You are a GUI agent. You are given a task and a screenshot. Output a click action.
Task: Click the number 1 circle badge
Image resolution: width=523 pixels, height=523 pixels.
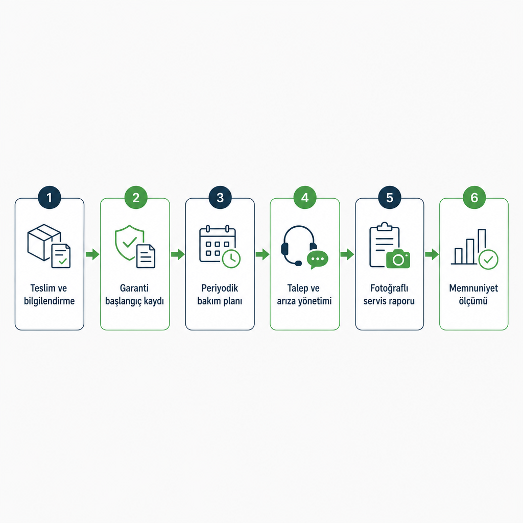(x=50, y=198)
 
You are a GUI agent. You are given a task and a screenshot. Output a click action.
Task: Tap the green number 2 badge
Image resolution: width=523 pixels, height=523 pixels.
(x=136, y=198)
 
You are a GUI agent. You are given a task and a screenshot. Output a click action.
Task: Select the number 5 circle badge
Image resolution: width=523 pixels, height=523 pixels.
(x=390, y=198)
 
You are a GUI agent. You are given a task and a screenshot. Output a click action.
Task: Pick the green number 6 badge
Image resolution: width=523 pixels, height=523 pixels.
(x=474, y=198)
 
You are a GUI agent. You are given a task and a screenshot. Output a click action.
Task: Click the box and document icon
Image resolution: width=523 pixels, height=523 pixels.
(x=49, y=246)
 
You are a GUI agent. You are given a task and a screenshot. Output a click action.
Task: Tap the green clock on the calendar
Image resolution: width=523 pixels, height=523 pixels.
(x=231, y=258)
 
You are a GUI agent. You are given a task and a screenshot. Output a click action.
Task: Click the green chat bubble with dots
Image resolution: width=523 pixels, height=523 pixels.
(x=317, y=259)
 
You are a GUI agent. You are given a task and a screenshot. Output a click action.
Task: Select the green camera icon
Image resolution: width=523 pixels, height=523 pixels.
(x=398, y=259)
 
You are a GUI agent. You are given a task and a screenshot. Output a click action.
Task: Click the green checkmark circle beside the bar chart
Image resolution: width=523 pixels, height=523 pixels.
(x=488, y=259)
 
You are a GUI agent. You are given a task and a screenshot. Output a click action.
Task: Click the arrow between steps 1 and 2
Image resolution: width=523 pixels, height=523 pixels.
(x=92, y=254)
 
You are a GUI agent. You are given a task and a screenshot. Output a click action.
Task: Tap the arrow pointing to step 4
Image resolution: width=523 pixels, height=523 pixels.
(x=263, y=254)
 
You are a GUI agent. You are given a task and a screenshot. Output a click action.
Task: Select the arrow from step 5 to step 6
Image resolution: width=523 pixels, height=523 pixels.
(x=432, y=254)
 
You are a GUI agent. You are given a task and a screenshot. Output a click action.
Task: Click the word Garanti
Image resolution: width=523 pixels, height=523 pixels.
(x=134, y=288)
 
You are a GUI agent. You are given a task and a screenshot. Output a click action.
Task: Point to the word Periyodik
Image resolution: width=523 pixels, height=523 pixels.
(x=220, y=288)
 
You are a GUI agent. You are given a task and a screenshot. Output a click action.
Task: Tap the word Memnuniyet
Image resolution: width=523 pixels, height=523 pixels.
(x=473, y=288)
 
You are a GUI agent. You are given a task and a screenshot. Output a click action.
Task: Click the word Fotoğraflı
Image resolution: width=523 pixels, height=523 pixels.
(x=389, y=288)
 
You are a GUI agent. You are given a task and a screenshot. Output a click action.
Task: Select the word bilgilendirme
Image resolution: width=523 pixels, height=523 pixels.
(x=50, y=301)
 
